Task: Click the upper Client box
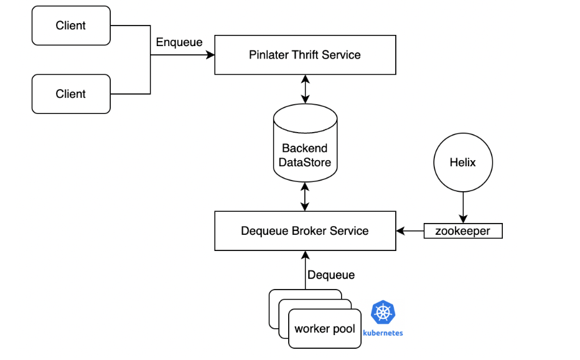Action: tap(71, 26)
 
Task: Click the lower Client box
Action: tap(71, 94)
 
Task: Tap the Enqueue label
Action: tap(179, 42)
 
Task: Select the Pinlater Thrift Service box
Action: tap(305, 55)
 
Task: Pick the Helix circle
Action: tap(462, 163)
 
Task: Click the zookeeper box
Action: tap(462, 231)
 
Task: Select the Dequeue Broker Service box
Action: tap(305, 231)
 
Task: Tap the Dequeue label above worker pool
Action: tap(331, 275)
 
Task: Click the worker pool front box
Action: tap(325, 328)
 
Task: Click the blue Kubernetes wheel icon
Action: tap(383, 313)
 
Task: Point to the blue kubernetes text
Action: tap(383, 333)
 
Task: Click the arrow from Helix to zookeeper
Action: tap(462, 207)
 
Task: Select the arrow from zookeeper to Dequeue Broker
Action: tap(410, 231)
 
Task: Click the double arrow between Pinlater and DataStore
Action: tap(305, 89)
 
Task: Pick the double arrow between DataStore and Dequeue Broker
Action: tap(305, 196)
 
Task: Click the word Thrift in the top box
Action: tap(306, 55)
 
